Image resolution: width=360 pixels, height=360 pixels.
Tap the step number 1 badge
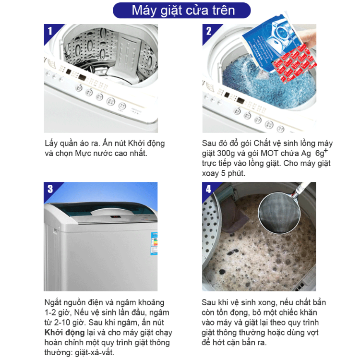[50, 31]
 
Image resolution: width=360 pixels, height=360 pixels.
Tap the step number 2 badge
[208, 31]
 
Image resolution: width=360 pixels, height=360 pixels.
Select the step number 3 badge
[50, 189]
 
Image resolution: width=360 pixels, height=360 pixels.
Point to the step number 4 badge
[208, 189]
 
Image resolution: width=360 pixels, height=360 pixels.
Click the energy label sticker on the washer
[155, 245]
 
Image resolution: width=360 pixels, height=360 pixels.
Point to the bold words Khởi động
[60, 333]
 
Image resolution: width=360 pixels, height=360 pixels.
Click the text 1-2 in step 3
[50, 312]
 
